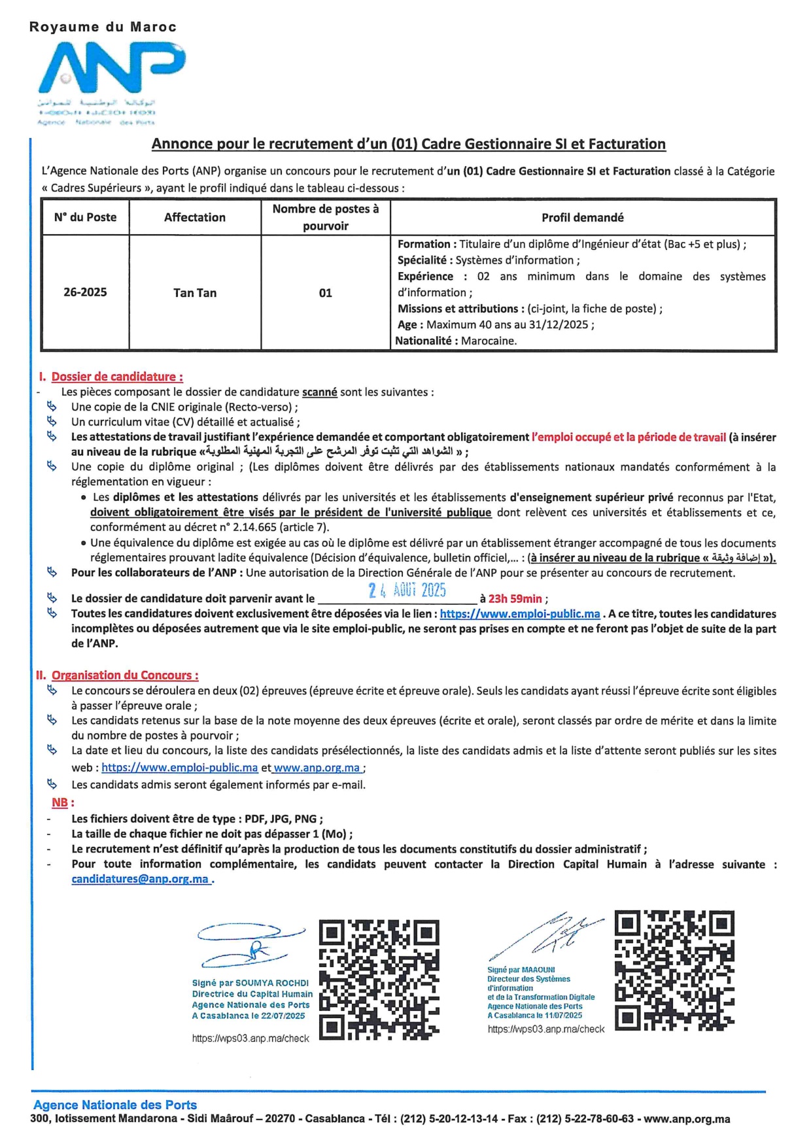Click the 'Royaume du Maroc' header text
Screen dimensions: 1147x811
[x=103, y=27]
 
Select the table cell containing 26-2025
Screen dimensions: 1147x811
[x=85, y=292]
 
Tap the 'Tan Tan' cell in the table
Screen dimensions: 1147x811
[x=195, y=293]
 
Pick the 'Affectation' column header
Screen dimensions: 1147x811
[x=195, y=217]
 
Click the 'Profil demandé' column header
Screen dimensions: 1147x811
[x=582, y=217]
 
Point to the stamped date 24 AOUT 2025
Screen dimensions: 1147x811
[x=407, y=591]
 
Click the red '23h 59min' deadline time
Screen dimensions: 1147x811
[x=515, y=598]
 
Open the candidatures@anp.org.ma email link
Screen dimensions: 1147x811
[x=140, y=879]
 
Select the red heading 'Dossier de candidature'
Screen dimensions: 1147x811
[x=117, y=377]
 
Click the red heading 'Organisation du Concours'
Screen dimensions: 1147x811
[x=125, y=675]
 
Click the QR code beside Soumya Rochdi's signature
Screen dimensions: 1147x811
[x=379, y=980]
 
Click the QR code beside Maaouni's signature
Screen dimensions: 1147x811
[x=674, y=970]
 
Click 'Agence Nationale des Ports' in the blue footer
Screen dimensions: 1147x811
[x=115, y=1104]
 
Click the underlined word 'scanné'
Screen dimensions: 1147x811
[x=319, y=392]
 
